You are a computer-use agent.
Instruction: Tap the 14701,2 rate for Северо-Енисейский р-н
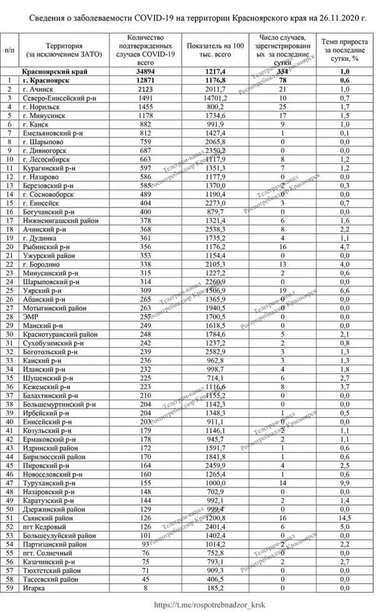[210, 99]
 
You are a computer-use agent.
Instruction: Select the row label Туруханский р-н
[50, 483]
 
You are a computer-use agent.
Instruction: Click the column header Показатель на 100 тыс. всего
[210, 47]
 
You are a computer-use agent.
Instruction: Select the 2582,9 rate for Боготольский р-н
[210, 351]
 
